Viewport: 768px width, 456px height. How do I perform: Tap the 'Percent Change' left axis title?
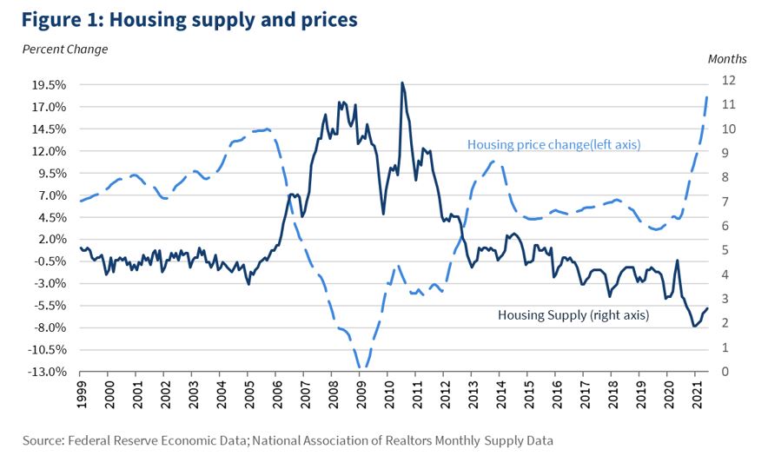65,50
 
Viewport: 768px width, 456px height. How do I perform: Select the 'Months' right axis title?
726,59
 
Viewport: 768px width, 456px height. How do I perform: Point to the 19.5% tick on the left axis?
48,85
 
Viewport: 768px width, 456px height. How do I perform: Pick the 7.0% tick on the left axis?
50,195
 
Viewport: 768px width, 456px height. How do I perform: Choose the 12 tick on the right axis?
728,80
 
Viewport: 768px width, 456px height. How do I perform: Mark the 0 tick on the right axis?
725,372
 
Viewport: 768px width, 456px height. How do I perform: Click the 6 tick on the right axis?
725,226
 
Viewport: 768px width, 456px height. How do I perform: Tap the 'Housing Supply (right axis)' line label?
573,314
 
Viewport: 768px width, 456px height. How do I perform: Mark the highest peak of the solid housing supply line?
401,83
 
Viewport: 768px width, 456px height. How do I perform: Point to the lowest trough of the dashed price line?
361,369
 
